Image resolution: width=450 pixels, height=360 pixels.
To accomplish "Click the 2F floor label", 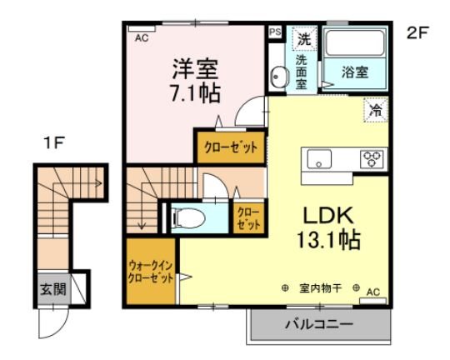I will [418, 34].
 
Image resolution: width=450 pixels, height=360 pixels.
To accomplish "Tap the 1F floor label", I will [54, 143].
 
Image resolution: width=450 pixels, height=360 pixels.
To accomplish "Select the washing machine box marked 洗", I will [304, 38].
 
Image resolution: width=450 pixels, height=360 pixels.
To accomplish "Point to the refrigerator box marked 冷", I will [376, 108].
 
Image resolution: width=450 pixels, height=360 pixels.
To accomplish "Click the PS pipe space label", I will [275, 32].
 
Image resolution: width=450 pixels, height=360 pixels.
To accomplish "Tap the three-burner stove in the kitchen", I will [370, 157].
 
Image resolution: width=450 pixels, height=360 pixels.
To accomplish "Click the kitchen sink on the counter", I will [319, 157].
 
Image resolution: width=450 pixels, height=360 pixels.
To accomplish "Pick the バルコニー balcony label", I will [320, 322].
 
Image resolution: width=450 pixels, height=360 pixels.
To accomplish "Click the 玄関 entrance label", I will [52, 291].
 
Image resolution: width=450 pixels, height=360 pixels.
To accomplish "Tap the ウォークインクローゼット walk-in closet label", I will [150, 272].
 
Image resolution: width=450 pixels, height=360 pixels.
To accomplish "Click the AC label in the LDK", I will [372, 291].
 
